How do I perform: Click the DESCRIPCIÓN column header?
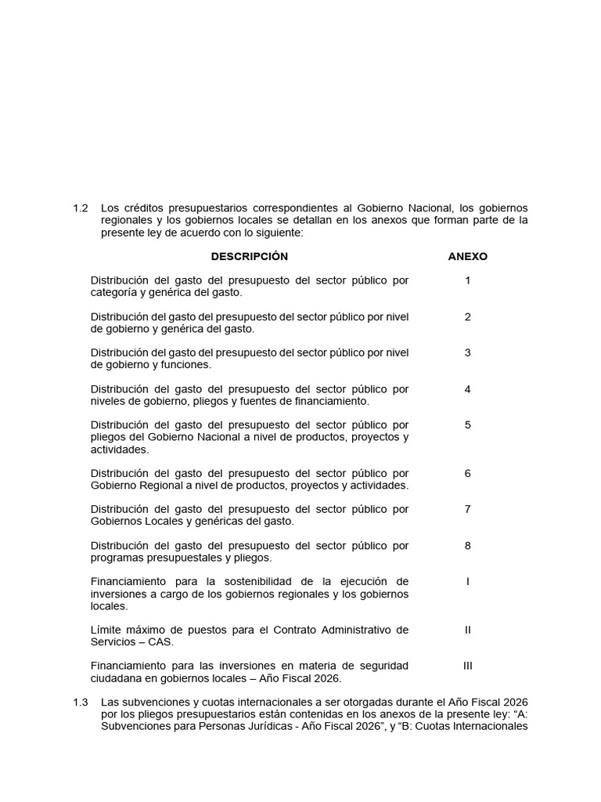[x=249, y=257]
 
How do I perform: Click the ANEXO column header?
[x=467, y=257]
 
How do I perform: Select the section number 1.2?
[x=81, y=208]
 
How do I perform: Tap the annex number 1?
[x=468, y=280]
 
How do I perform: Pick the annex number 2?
[x=468, y=316]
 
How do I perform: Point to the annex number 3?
[x=468, y=352]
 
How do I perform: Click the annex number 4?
[x=468, y=388]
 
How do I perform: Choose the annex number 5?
[x=468, y=424]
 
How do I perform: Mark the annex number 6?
[x=468, y=473]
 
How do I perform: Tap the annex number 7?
[x=468, y=509]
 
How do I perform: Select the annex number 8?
[x=468, y=545]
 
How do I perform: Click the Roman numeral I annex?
[x=468, y=581]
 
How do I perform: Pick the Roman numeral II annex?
[x=468, y=630]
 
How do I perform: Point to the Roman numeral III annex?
[x=468, y=666]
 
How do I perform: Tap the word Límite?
[x=108, y=630]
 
